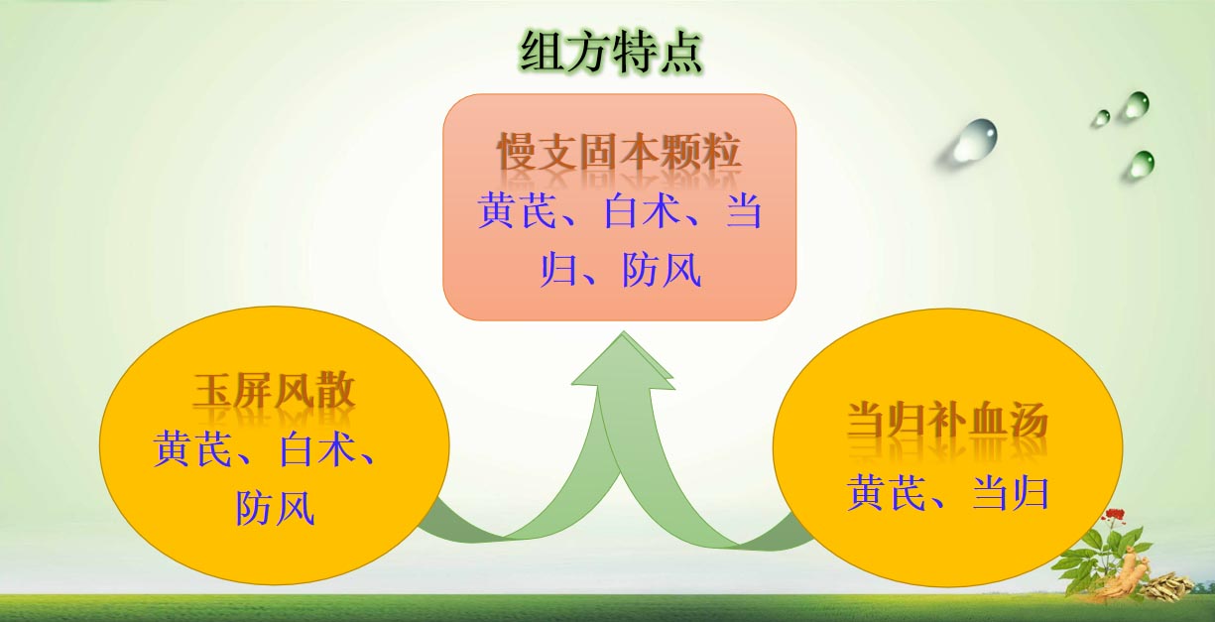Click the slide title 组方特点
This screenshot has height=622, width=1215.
pyautogui.click(x=611, y=53)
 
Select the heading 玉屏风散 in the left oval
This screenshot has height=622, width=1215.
pyautogui.click(x=274, y=391)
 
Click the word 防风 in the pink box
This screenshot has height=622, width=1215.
pyautogui.click(x=662, y=270)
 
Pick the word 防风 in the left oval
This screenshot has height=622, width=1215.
pyautogui.click(x=275, y=508)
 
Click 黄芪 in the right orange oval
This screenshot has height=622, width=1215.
pyautogui.click(x=887, y=492)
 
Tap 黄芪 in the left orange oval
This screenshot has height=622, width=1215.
pyautogui.click(x=192, y=448)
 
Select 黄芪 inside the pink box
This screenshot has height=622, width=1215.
pyautogui.click(x=518, y=211)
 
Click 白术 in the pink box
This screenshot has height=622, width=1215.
pyautogui.click(x=643, y=211)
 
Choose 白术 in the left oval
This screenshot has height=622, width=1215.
pyautogui.click(x=317, y=448)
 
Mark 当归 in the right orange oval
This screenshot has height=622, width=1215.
pyautogui.click(x=1010, y=492)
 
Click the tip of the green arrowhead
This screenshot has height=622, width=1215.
pyautogui.click(x=623, y=332)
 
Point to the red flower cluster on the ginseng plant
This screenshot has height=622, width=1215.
pyautogui.click(x=1115, y=515)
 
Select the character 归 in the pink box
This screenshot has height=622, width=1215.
pyautogui.click(x=558, y=270)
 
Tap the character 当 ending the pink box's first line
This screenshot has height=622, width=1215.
pyautogui.click(x=744, y=211)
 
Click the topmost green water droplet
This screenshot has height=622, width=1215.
pyautogui.click(x=1137, y=105)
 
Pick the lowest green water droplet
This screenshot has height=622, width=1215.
pyautogui.click(x=1142, y=164)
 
